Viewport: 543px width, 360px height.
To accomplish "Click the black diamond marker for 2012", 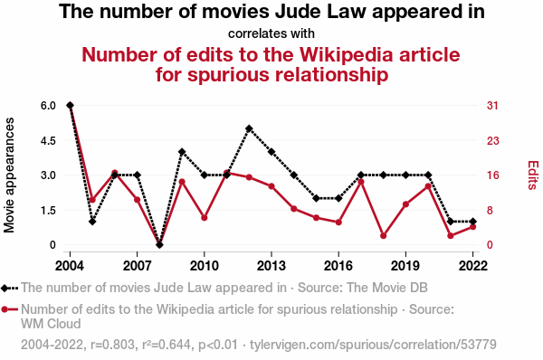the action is pyautogui.click(x=249, y=128).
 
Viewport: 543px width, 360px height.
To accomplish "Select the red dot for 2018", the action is pyautogui.click(x=384, y=236).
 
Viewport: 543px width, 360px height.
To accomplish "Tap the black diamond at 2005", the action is pyautogui.click(x=92, y=222).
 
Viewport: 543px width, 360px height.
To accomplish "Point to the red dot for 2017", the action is pyautogui.click(x=361, y=182).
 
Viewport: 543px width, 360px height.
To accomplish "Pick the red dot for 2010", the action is pyautogui.click(x=205, y=218).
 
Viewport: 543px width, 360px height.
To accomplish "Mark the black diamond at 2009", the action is pyautogui.click(x=182, y=152).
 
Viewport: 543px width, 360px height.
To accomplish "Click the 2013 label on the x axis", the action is pyautogui.click(x=271, y=266).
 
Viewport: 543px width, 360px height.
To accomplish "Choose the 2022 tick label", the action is pyautogui.click(x=472, y=266).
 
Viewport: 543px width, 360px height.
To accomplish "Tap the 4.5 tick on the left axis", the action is pyautogui.click(x=48, y=140).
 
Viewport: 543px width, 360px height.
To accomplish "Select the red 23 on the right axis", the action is pyautogui.click(x=493, y=140).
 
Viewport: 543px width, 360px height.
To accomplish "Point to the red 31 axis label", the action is pyautogui.click(x=492, y=105).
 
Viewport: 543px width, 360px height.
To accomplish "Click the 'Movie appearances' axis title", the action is pyautogui.click(x=9, y=175).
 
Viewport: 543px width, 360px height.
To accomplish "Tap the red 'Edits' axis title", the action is pyautogui.click(x=533, y=175).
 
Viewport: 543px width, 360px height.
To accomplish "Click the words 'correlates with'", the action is pyautogui.click(x=271, y=33).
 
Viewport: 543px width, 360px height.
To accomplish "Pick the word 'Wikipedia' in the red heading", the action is pyautogui.click(x=346, y=54).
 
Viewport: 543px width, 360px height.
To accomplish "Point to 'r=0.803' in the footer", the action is pyautogui.click(x=112, y=345).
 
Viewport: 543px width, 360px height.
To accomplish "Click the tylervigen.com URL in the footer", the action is pyautogui.click(x=373, y=345).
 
